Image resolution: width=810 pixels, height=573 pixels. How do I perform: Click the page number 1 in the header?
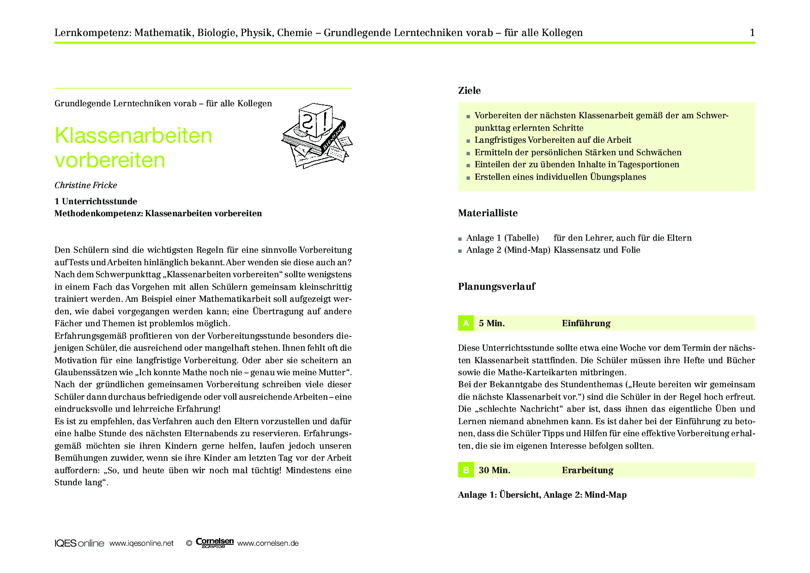coord(752,32)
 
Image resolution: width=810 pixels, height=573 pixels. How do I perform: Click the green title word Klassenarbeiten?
coord(133,136)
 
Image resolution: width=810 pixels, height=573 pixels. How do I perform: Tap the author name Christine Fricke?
coord(86,185)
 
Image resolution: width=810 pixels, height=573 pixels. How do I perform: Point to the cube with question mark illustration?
coord(315,121)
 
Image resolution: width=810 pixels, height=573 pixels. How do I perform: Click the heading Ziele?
coord(469,91)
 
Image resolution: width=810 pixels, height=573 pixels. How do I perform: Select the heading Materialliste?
coord(488,213)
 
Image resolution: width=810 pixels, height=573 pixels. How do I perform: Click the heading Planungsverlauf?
coord(496,286)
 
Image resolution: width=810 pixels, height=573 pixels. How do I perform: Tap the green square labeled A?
coord(466,323)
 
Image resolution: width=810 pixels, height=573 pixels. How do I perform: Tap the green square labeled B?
coord(466,470)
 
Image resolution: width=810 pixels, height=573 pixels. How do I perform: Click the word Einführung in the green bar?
coord(586,323)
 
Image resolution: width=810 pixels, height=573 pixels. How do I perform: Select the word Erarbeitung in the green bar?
coord(587,470)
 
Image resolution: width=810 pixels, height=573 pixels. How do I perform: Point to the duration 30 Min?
coord(495,470)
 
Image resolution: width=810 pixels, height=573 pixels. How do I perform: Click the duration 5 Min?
coord(492,323)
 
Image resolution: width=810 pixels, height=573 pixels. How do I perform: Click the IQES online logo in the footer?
coord(79,543)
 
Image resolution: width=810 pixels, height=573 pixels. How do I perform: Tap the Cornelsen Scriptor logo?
coord(215,543)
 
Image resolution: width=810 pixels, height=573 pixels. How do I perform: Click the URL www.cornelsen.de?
coord(268,543)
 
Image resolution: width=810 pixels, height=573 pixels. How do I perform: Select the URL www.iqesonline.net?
coord(141,543)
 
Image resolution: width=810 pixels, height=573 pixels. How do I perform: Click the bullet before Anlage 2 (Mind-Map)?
coord(460,251)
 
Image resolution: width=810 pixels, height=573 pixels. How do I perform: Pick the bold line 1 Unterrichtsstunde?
coord(96,201)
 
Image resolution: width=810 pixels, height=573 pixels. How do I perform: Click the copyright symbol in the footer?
coord(189,543)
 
